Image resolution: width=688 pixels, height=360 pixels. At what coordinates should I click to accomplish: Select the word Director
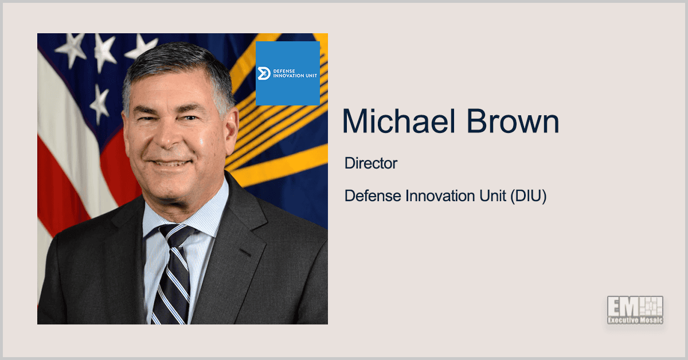coord(371,163)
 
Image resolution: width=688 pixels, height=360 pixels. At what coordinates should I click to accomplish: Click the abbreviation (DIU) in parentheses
coord(528,196)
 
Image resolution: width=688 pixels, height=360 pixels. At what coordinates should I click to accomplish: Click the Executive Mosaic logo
coord(635,310)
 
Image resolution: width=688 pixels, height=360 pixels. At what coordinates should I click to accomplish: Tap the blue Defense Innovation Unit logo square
coord(288,73)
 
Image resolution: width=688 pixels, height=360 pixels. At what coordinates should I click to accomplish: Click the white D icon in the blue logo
coord(264,73)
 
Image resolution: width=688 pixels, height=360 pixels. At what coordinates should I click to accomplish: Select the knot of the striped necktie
coord(177,236)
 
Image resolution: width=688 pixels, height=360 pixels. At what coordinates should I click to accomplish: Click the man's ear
coord(231,131)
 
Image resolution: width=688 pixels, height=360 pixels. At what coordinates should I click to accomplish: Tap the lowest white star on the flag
coord(100,104)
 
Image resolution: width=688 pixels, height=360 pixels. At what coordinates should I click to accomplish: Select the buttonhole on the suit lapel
coord(245,252)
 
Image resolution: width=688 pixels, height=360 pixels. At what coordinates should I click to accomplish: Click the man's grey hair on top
coord(178,58)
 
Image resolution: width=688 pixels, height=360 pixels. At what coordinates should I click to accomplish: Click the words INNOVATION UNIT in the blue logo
coord(295,76)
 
